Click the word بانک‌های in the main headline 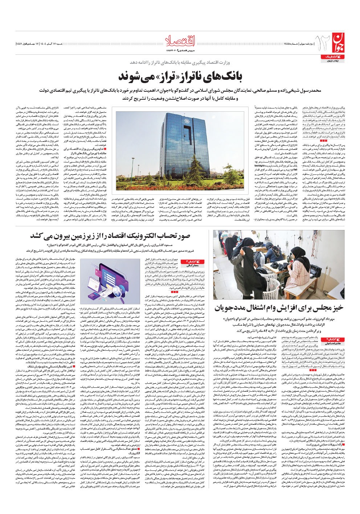click(223, 77)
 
